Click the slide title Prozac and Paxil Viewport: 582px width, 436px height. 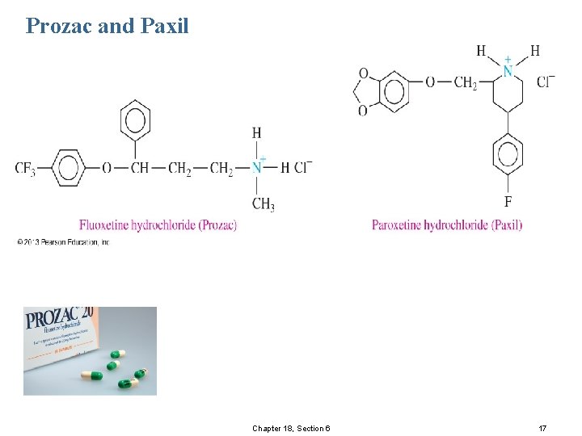pyautogui.click(x=108, y=26)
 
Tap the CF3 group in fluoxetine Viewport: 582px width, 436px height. pyautogui.click(x=24, y=168)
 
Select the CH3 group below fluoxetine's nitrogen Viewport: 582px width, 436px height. pyautogui.click(x=263, y=203)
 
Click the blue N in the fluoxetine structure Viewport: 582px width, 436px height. pyautogui.click(x=256, y=168)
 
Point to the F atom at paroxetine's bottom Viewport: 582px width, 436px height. pyautogui.click(x=508, y=201)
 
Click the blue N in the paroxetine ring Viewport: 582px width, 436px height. pyautogui.click(x=508, y=71)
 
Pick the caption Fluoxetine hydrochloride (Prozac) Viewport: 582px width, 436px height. pyautogui.click(x=158, y=224)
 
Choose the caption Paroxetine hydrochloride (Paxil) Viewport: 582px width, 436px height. pyautogui.click(x=447, y=224)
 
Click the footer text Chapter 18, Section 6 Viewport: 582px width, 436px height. pyautogui.click(x=290, y=428)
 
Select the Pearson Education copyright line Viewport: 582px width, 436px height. pyautogui.click(x=62, y=241)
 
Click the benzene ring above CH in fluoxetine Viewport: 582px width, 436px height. pyautogui.click(x=135, y=121)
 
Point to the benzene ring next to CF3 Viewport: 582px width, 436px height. pyautogui.click(x=70, y=168)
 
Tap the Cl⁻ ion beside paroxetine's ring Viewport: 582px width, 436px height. pyautogui.click(x=546, y=82)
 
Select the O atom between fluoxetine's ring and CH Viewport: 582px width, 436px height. pyautogui.click(x=107, y=168)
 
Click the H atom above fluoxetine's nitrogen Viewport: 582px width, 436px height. pyautogui.click(x=256, y=133)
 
